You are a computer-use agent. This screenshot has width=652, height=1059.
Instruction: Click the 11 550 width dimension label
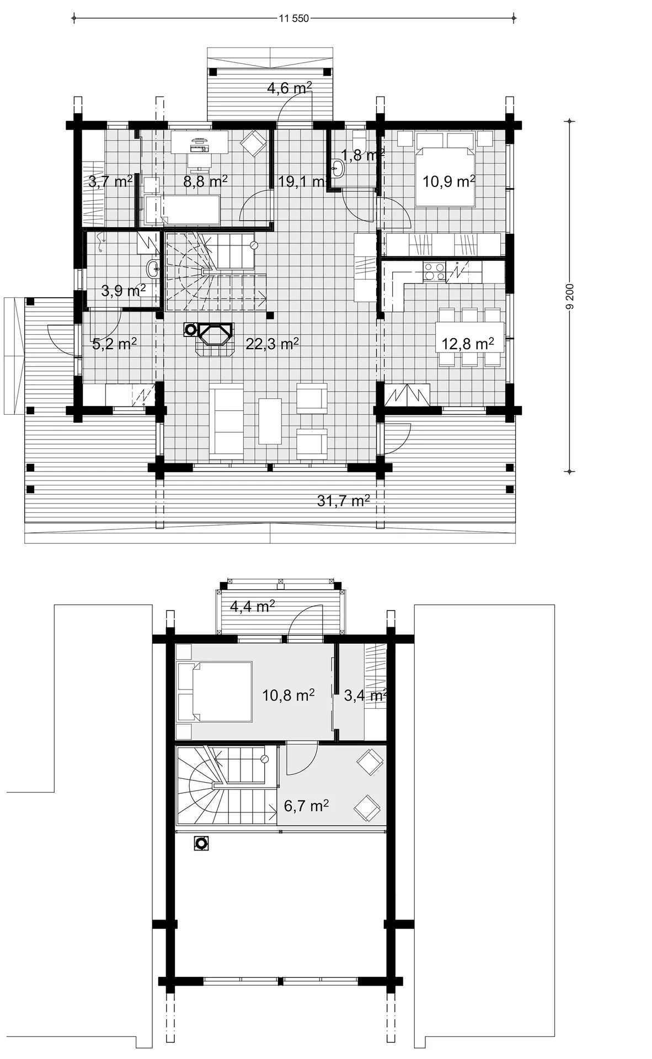tap(293, 18)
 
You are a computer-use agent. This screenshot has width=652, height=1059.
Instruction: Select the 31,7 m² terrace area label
tap(343, 500)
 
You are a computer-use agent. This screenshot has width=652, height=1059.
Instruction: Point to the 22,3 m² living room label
tap(272, 344)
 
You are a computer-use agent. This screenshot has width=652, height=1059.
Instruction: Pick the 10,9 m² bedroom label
tap(449, 181)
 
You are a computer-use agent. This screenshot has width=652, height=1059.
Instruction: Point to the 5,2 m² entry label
tap(114, 344)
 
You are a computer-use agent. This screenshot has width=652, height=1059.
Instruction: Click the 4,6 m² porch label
tap(290, 88)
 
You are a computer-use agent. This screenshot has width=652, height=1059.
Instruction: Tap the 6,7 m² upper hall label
tap(306, 806)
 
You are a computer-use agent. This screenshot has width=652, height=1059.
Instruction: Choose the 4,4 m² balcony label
tap(253, 607)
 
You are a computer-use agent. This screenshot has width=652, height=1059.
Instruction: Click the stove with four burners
tap(434, 271)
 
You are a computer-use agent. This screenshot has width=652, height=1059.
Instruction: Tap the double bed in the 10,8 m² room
tap(215, 692)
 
